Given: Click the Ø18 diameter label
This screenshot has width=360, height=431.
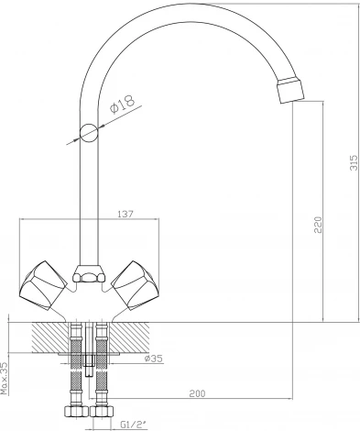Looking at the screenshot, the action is pos(122,104).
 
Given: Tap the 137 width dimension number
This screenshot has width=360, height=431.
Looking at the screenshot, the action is pos(125,215).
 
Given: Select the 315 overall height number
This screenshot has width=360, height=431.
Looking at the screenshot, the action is pos(354,162).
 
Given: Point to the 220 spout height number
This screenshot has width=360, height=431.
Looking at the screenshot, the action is pos(318,225).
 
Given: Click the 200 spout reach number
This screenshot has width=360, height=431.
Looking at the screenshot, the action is pos(197,393).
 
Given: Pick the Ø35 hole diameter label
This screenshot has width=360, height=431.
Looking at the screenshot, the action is pos(154,359).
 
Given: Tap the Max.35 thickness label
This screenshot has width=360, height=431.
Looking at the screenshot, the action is pos(5,377).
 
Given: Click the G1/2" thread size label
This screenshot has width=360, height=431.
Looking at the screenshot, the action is pos(133,425).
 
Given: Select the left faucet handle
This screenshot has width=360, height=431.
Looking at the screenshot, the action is pos(43,286).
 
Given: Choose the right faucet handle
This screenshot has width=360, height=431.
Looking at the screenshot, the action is pos(135,286).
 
